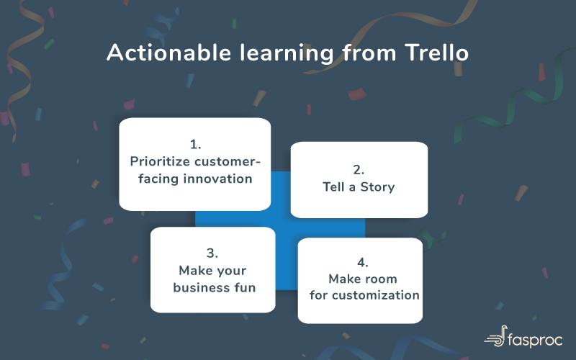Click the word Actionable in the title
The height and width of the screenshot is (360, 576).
[x=169, y=53]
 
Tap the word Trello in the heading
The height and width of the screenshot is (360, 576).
[x=437, y=53]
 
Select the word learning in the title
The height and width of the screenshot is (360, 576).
[x=287, y=53]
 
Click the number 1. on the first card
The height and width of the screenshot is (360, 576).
[x=195, y=145]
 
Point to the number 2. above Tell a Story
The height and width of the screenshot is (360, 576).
[x=359, y=170]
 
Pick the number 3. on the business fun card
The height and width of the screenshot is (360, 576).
[x=212, y=253]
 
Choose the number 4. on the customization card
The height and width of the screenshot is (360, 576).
[x=363, y=262]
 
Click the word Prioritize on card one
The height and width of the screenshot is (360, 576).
[x=160, y=161]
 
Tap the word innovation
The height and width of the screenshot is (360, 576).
[x=218, y=179]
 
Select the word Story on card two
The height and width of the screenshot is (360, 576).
[x=377, y=187]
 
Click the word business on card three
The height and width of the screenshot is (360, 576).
[x=197, y=287]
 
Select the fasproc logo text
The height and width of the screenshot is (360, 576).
[x=536, y=340]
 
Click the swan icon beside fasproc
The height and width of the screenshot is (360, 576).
[x=495, y=336]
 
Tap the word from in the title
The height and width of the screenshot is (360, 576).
[x=369, y=53]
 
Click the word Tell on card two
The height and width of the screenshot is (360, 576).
[x=334, y=186]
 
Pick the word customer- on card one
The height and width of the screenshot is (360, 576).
[x=227, y=161]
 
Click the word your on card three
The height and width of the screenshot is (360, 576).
[x=230, y=271]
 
